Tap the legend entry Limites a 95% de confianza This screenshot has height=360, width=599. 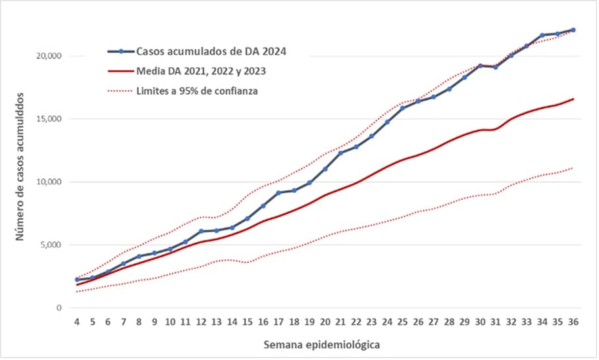point(197,91)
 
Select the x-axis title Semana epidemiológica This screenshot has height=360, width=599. point(321,345)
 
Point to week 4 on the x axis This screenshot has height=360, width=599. point(77,322)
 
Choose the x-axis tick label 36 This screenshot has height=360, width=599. point(573,322)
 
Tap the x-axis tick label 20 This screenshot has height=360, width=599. point(325,322)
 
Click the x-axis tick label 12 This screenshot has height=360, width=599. point(201,322)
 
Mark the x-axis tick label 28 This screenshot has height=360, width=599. point(449,322)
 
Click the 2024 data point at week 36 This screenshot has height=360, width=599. point(573,30)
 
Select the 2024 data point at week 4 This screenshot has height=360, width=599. point(77,280)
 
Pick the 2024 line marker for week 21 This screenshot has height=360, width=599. point(340,153)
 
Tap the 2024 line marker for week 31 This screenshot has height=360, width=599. point(496,67)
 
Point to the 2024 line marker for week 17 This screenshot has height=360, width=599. point(278,193)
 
